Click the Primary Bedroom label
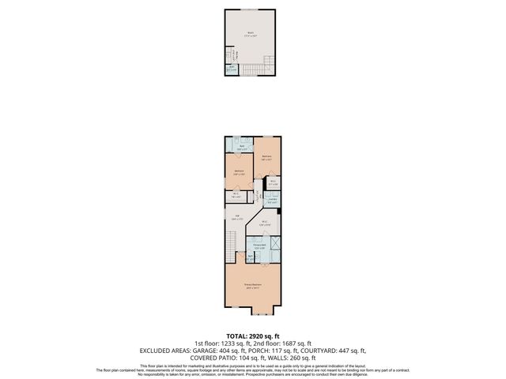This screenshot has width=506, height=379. point(252,285)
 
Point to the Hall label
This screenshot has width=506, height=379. point(237,216)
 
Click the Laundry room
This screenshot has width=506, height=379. point(271,201)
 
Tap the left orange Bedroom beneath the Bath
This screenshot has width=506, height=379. point(239,171)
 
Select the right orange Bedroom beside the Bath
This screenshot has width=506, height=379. point(270,158)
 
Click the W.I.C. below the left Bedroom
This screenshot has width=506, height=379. point(236,195)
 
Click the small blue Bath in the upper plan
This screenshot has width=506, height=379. point(232,69)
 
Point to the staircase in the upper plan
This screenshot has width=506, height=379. point(254,70)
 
